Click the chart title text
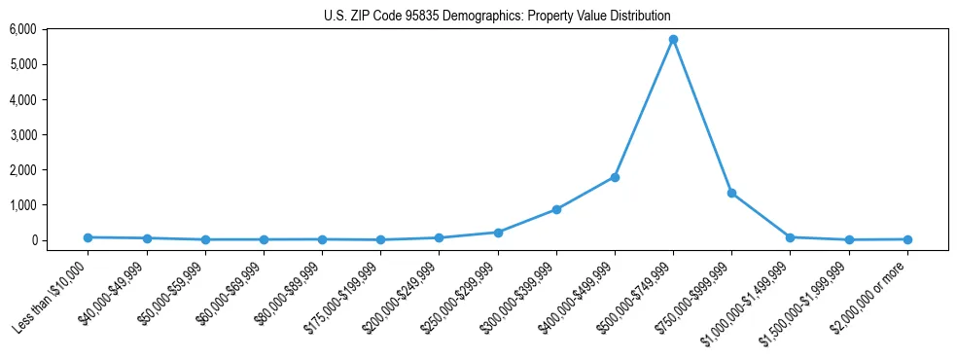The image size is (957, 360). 497,17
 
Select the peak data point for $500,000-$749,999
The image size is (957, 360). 673,40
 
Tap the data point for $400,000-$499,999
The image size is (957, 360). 615,177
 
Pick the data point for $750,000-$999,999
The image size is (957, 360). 731,193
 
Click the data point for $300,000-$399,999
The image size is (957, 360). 556,209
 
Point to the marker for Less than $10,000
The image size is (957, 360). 88,237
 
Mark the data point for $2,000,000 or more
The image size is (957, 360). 907,239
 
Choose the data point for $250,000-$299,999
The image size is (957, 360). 498,233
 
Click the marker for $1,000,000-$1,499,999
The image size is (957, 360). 790,237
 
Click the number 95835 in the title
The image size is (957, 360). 421,17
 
